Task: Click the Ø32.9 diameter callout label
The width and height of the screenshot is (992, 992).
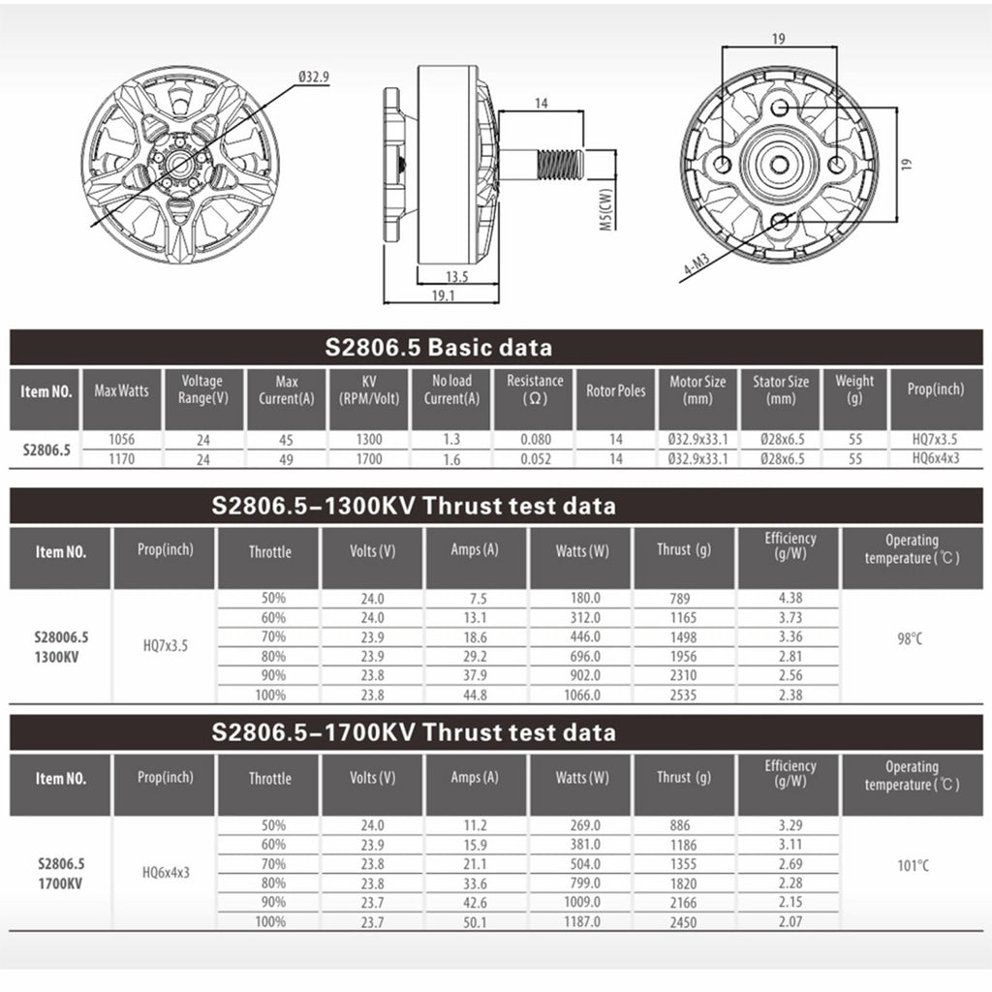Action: coord(314,77)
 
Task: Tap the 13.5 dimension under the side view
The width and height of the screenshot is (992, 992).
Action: coord(457,277)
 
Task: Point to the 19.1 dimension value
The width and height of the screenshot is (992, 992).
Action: coord(443,295)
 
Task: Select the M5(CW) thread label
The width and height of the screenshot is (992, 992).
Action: coord(606,209)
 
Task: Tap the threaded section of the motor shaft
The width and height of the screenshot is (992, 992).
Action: coord(559,164)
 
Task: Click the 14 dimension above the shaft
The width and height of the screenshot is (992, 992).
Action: coord(542,103)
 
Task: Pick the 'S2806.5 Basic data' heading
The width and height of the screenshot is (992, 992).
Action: coord(439,348)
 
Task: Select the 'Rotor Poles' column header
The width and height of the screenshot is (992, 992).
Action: coord(615,391)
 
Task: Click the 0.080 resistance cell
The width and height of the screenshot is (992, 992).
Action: coord(536,439)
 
